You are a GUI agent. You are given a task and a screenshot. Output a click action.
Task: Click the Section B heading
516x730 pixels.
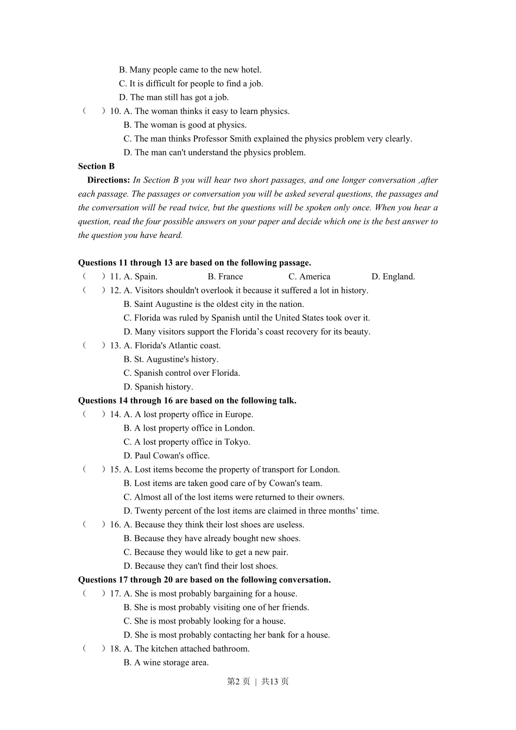[96, 166]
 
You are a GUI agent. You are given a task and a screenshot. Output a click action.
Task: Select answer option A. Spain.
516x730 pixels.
[140, 276]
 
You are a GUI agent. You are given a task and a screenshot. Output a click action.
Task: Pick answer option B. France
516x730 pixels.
[225, 276]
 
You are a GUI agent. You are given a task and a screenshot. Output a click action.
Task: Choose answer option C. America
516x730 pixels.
[309, 276]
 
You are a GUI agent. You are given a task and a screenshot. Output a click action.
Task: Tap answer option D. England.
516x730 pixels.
[393, 276]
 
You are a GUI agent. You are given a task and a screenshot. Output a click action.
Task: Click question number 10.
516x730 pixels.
[115, 111]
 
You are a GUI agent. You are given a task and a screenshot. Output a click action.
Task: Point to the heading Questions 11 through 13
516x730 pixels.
[194, 263]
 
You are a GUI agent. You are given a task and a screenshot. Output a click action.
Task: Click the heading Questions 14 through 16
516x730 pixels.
[187, 401]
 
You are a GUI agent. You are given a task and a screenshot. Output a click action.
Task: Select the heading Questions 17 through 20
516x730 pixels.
[204, 580]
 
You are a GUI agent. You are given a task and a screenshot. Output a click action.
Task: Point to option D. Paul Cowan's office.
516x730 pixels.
[166, 456]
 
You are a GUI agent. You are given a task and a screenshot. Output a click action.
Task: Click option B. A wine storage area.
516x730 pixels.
[166, 663]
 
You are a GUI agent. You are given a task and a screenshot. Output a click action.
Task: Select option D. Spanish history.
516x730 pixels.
[158, 387]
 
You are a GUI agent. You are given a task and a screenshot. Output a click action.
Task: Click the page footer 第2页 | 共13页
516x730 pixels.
[257, 682]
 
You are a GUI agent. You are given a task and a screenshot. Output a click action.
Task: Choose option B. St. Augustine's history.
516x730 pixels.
[171, 360]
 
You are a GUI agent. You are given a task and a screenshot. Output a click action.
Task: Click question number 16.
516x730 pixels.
[115, 525]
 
